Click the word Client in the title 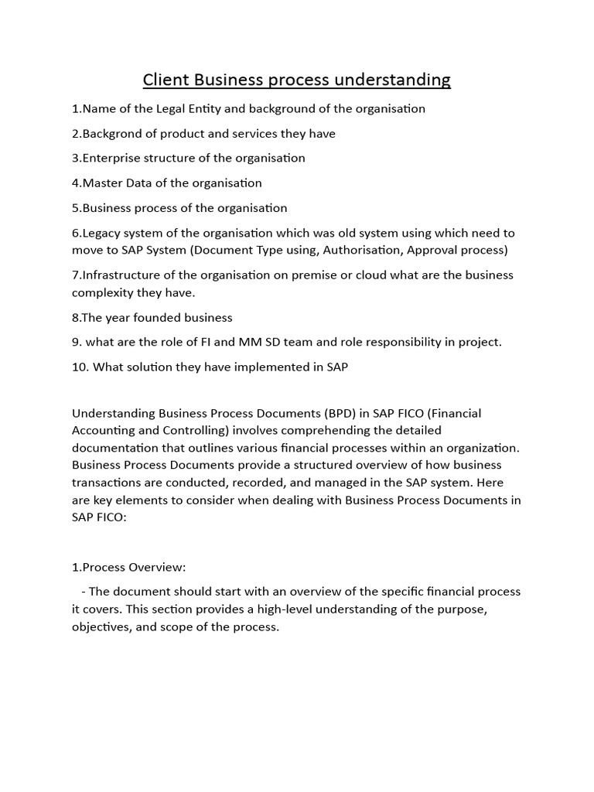[x=166, y=80]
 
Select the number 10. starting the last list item [x=80, y=367]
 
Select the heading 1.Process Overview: [x=129, y=567]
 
